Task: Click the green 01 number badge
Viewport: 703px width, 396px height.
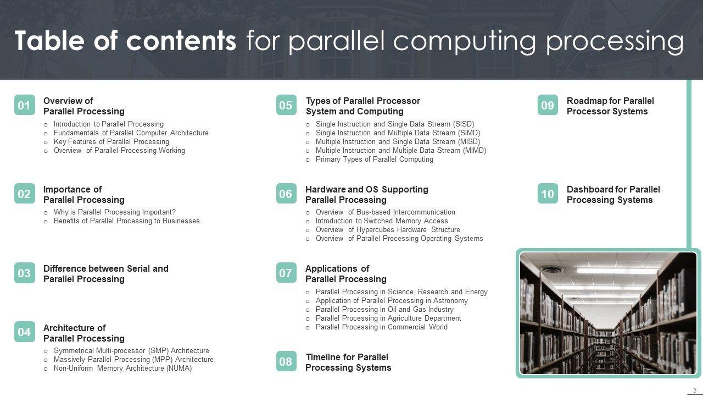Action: pos(24,105)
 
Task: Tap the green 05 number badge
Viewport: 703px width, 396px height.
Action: pos(286,105)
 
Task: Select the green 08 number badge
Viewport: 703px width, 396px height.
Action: pos(286,361)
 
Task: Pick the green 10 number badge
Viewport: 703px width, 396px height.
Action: pos(548,194)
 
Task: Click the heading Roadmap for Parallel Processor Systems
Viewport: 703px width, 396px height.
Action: pos(610,106)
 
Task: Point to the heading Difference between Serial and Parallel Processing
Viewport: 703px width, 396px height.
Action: pos(105,274)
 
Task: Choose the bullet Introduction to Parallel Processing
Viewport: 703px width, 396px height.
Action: pos(108,124)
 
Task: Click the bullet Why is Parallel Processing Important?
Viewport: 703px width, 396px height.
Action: pos(114,212)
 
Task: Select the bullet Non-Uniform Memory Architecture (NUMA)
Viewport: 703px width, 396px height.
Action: pos(122,369)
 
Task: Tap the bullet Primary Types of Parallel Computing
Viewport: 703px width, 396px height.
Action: pos(374,159)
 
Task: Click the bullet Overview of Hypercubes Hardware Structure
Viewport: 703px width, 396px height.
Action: pos(387,230)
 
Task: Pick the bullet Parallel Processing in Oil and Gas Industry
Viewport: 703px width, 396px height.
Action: pos(384,310)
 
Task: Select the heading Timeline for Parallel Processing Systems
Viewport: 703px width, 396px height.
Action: pos(348,362)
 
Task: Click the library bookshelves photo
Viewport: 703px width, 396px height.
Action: pos(608,313)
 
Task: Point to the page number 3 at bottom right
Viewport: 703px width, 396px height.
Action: pos(694,391)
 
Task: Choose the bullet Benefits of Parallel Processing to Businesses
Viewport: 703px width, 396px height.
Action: pos(126,221)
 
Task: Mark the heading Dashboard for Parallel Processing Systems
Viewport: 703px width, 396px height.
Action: pos(613,195)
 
